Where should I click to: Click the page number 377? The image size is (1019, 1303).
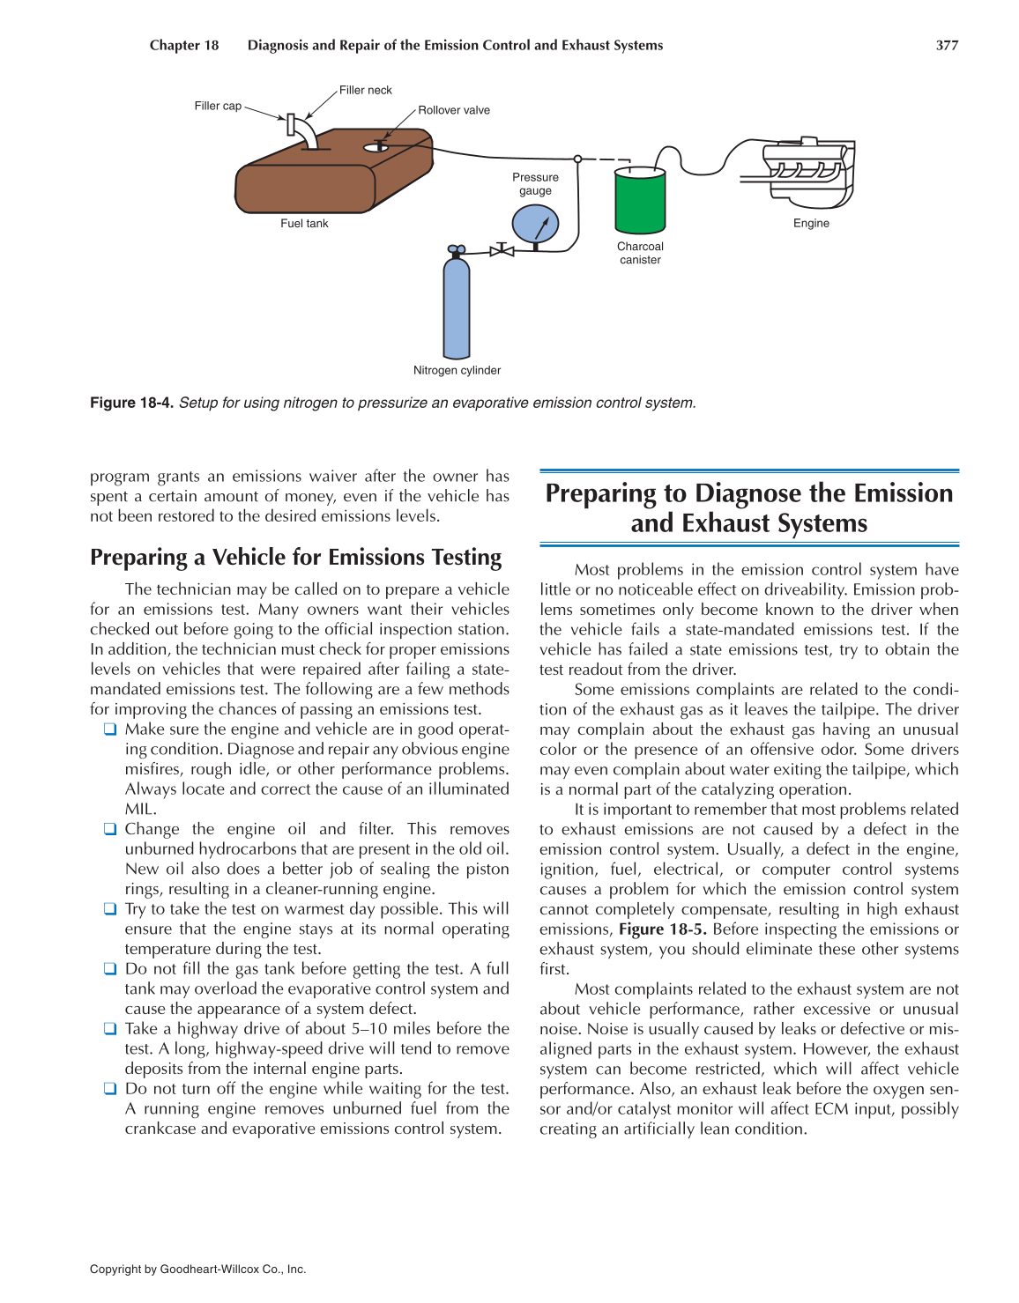click(x=947, y=46)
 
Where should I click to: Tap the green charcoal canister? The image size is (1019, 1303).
click(x=640, y=202)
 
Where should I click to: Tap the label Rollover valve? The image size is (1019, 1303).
click(x=453, y=110)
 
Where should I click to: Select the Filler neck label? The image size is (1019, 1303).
click(x=365, y=90)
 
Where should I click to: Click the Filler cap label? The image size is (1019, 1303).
click(x=218, y=106)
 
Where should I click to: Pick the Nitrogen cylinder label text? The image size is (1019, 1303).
click(x=457, y=371)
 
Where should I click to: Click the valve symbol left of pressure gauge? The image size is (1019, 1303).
click(x=502, y=250)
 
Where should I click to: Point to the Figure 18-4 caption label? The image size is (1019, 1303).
click(x=131, y=403)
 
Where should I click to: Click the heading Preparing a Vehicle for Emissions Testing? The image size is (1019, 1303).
click(x=295, y=558)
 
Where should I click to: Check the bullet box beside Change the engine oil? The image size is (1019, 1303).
click(x=109, y=829)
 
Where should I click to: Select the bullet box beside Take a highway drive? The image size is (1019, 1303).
click(x=109, y=1028)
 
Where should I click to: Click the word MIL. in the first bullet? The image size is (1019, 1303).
click(x=140, y=809)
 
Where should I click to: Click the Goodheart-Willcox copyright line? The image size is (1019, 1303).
click(x=197, y=1270)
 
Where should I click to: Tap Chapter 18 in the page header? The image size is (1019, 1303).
click(x=183, y=46)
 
